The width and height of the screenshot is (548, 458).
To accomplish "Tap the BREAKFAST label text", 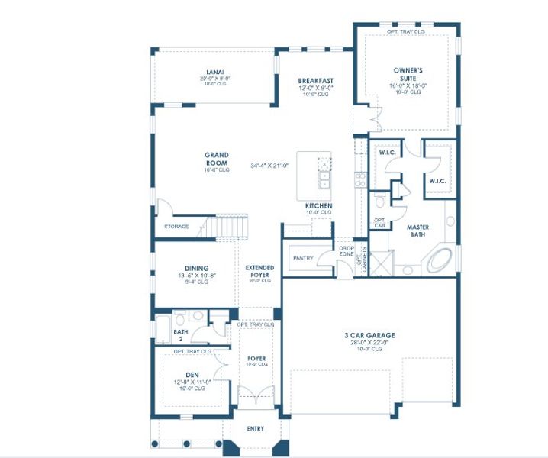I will point(315,80).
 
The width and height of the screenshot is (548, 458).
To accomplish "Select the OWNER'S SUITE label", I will point(408,75).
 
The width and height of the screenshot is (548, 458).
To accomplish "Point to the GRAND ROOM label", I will point(217,159).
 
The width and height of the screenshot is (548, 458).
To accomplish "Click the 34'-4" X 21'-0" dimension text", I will point(270,166).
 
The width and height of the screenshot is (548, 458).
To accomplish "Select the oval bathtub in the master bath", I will point(438,260).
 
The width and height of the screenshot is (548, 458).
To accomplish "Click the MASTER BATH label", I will point(417,231).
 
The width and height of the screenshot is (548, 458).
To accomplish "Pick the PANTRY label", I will point(303,258).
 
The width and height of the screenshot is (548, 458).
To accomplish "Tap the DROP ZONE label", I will point(347,252).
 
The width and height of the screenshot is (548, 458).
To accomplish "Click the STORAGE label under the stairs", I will point(176,227).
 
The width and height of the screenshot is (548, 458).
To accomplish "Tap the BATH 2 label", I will point(181,334).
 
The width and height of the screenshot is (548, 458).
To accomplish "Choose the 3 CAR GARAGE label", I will point(369,336).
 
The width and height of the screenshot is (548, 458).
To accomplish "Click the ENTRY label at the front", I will point(255,429).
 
